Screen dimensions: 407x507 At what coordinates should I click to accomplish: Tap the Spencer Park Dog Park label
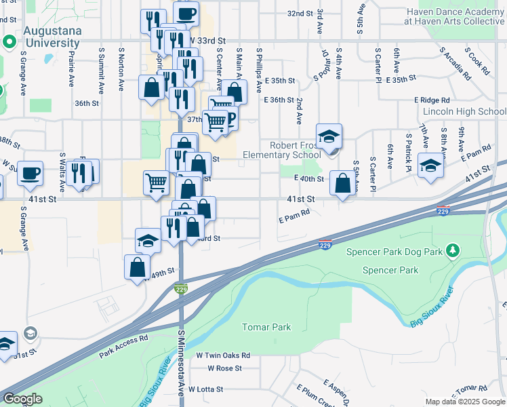pos(394,252)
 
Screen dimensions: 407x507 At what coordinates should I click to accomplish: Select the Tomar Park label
pos(266,327)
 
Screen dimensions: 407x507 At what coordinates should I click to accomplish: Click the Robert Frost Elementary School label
pos(296,150)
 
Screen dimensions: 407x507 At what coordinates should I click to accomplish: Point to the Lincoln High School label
pos(464,111)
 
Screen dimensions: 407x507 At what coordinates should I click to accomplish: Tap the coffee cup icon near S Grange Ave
pos(30,173)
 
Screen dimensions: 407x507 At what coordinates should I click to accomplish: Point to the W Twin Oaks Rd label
pos(223,355)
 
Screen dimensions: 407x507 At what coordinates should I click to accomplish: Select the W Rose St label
pos(224,368)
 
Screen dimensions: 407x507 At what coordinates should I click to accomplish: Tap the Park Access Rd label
pos(123,346)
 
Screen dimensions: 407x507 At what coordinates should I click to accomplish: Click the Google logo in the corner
pos(22,400)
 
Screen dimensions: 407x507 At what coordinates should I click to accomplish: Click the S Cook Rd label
pos(479,62)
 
